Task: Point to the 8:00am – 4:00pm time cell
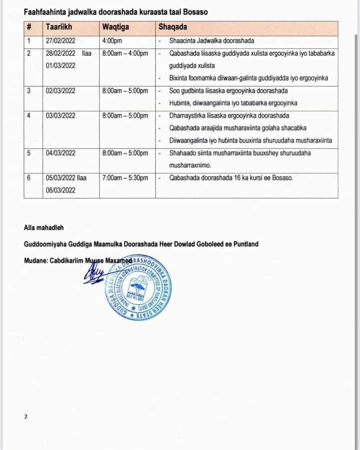(125, 53)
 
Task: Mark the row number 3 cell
(29, 91)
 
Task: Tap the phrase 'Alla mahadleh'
(43, 227)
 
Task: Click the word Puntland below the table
(244, 244)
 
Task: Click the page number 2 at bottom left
(25, 416)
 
